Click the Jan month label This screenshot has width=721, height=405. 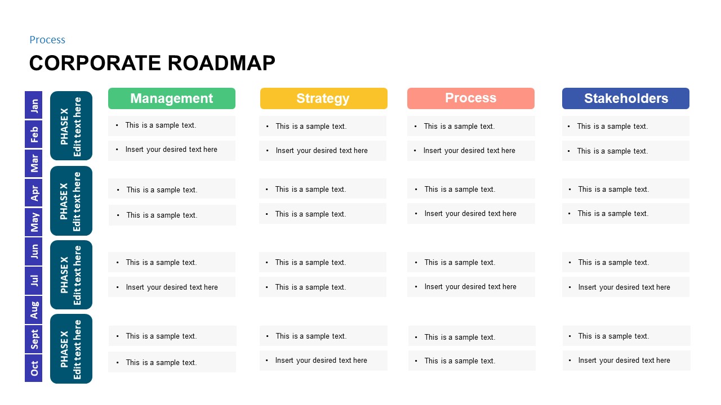click(34, 105)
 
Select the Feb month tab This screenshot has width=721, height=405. click(34, 134)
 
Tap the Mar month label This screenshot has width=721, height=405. click(34, 164)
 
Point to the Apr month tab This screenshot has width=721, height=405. click(34, 193)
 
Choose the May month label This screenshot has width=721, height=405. click(34, 222)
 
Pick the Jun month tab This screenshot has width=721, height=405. click(34, 251)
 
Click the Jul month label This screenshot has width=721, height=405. click(34, 281)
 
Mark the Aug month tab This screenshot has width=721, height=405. click(34, 310)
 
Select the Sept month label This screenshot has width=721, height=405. click(34, 339)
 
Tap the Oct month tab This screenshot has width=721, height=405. click(34, 368)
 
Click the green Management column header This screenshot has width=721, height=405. click(172, 98)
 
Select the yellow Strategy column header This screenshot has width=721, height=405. click(324, 98)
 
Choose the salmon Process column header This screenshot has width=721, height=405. click(471, 98)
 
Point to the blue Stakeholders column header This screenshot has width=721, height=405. click(626, 98)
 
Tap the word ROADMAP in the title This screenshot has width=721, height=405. click(221, 63)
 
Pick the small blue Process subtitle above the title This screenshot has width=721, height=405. click(47, 40)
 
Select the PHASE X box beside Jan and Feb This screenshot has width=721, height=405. click(71, 126)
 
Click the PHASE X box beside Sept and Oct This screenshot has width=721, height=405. click(71, 349)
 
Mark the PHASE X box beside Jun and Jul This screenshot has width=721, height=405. click(71, 275)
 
